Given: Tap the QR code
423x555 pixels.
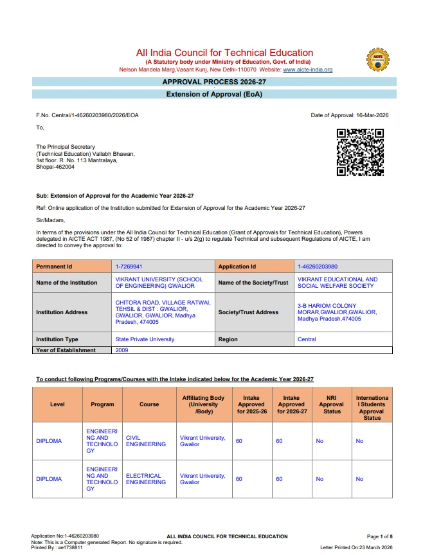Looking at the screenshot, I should tap(360, 152).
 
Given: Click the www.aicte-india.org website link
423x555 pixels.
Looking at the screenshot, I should tap(308, 70).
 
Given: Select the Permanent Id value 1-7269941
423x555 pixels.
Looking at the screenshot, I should tap(129, 267).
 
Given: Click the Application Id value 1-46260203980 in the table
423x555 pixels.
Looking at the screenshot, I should tap(318, 267).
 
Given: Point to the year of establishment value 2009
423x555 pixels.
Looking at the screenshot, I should tap(122, 350).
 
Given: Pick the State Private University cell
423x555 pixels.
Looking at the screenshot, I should tap(145, 339).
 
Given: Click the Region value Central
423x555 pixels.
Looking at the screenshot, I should tap(307, 339).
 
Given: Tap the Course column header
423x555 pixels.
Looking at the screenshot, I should tap(149, 404).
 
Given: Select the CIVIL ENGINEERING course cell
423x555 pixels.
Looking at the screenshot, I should tap(145, 441).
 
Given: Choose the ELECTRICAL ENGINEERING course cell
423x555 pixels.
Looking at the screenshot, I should tap(145, 479).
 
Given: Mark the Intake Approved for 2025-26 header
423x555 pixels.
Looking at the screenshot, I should tap(251, 404).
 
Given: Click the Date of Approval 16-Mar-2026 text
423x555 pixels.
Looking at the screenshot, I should tap(350, 115).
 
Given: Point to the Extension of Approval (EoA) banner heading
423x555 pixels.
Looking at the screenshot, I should tap(214, 94).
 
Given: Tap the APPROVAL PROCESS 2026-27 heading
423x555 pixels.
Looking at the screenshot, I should tap(214, 82).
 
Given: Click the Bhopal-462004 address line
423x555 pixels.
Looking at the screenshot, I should tap(55, 167).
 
